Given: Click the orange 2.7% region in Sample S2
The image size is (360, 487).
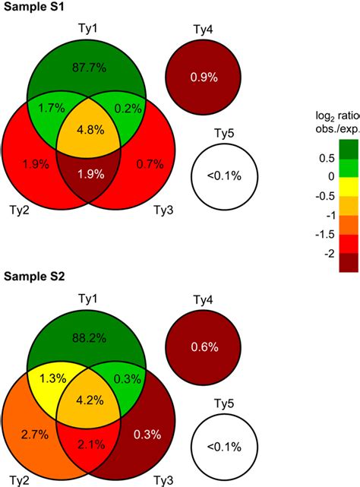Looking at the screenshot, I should (x=36, y=433).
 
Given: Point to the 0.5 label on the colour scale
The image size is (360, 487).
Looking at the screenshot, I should (x=328, y=157).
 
